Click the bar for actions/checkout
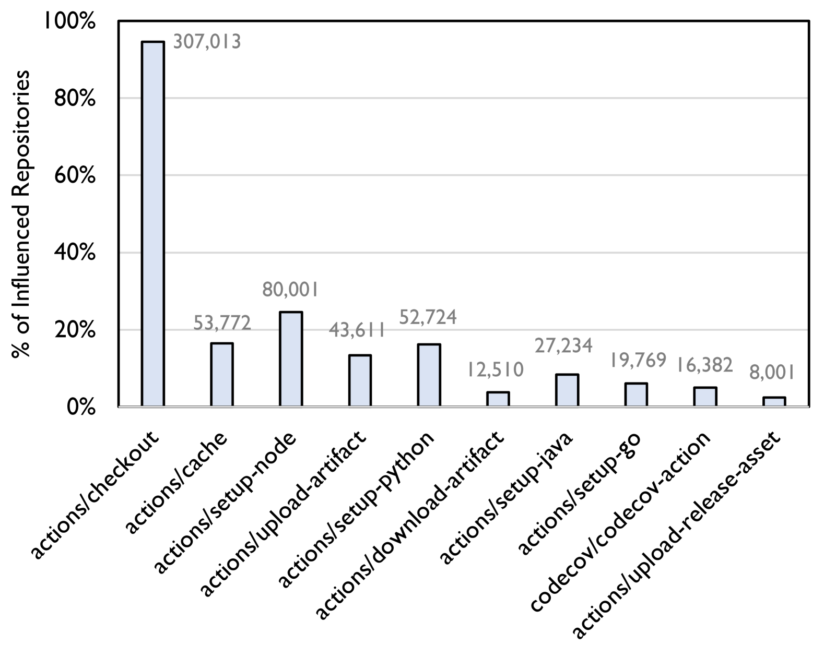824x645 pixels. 152,223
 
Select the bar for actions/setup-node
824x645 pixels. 291,359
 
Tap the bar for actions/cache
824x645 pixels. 222,374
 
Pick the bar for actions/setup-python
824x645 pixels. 429,375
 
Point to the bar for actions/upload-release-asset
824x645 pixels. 774,401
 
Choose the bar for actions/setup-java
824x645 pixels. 567,390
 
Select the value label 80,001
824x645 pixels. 290,290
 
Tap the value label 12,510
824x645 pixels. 495,369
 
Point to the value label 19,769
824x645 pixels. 638,360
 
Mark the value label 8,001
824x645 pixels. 772,373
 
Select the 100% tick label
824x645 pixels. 69,22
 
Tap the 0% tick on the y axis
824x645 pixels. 80,407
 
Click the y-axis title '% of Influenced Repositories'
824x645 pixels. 21,214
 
